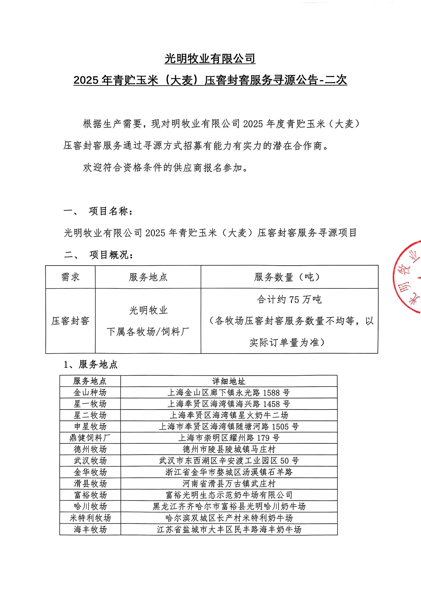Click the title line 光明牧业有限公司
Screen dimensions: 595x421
click(210, 59)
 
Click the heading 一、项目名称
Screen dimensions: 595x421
click(99, 211)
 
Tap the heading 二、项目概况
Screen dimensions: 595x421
click(99, 255)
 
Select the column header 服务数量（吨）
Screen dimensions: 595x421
click(289, 277)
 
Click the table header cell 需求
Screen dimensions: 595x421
click(70, 277)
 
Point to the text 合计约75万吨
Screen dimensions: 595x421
click(289, 300)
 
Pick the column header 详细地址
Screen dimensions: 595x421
click(229, 381)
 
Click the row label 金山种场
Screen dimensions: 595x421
click(90, 393)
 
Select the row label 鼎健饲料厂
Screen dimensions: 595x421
click(90, 438)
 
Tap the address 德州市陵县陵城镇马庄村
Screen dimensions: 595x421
click(229, 449)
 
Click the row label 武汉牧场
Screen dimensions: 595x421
click(90, 461)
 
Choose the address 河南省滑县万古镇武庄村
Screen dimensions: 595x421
click(229, 484)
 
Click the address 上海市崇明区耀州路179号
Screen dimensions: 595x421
click(229, 438)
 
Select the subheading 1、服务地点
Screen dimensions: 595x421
click(91, 365)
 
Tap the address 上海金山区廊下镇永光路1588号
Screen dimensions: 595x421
click(229, 393)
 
